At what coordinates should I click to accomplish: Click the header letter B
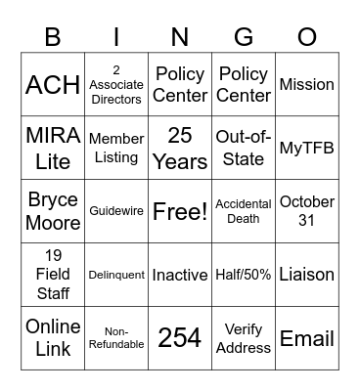(53, 36)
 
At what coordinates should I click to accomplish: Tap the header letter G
(244, 36)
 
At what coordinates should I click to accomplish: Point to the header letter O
(307, 36)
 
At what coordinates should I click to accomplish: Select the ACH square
(53, 84)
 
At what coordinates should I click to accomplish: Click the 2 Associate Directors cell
(116, 84)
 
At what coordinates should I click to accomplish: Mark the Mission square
(307, 84)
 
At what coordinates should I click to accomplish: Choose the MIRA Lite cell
(53, 148)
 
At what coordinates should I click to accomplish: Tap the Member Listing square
(116, 148)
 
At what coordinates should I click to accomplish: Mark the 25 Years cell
(180, 148)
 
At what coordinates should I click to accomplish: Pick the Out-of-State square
(244, 148)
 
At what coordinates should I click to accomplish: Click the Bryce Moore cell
(53, 211)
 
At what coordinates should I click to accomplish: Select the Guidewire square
(116, 211)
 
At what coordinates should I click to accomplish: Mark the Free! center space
(180, 211)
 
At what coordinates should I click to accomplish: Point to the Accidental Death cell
(244, 211)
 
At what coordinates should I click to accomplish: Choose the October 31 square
(307, 211)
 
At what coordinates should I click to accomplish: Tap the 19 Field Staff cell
(53, 275)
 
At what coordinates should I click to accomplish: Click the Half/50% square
(244, 275)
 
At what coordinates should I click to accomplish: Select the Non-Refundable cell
(116, 338)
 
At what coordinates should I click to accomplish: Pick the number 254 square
(180, 338)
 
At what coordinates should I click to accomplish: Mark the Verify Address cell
(244, 338)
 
